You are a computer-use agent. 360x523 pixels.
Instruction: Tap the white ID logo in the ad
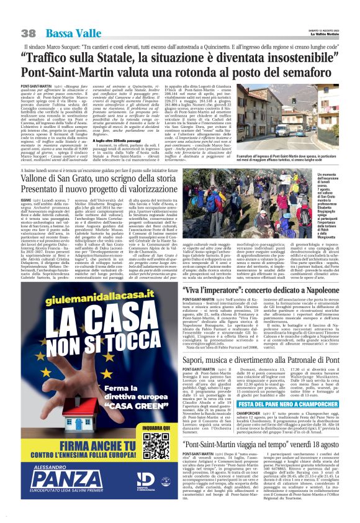(145, 480)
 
